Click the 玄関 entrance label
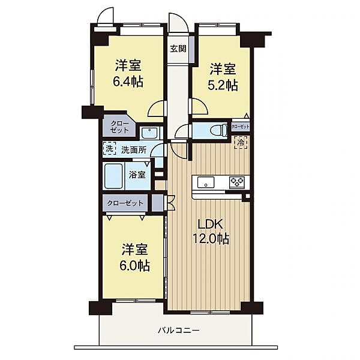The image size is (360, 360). click(178, 49)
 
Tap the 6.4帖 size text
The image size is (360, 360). click(128, 82)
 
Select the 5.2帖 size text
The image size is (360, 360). click(223, 85)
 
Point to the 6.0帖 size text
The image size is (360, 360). click(134, 266)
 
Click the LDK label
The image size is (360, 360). click(210, 224)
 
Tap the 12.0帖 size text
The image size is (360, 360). click(211, 239)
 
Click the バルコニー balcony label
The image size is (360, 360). click(179, 331)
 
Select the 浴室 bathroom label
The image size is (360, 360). click(137, 175)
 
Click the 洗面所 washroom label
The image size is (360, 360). click(134, 150)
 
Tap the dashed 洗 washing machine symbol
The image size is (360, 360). click(110, 149)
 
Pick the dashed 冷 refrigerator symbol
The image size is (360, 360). click(241, 142)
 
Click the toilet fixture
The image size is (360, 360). click(219, 131)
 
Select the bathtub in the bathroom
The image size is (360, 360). click(113, 176)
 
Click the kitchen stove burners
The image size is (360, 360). click(237, 182)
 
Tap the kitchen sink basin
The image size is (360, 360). click(206, 182)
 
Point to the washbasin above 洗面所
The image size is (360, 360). click(149, 133)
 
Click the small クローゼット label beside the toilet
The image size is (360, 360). click(241, 127)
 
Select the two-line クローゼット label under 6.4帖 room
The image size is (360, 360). click(119, 127)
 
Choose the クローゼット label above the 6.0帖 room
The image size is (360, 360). click(125, 203)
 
